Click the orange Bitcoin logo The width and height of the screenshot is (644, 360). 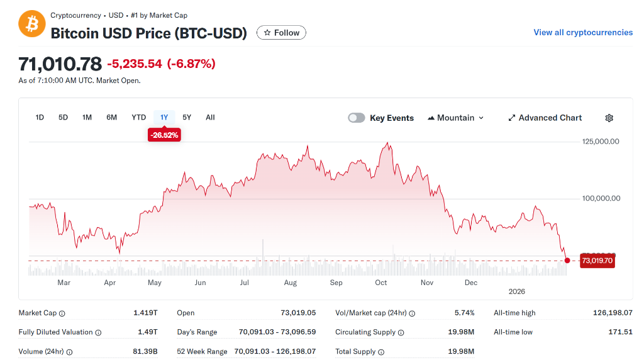pyautogui.click(x=31, y=23)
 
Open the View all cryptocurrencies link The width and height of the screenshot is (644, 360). pyautogui.click(x=583, y=32)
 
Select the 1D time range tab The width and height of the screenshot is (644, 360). pyautogui.click(x=40, y=117)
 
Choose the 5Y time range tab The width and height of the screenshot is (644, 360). pyautogui.click(x=187, y=117)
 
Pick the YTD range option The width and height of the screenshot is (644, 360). pyautogui.click(x=138, y=117)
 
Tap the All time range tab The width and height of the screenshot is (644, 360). pyautogui.click(x=210, y=117)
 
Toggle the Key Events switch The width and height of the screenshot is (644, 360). pyautogui.click(x=357, y=118)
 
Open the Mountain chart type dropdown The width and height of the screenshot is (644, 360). pyautogui.click(x=456, y=118)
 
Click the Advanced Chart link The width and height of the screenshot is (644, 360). pyautogui.click(x=545, y=118)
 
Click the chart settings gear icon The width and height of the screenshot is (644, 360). pyautogui.click(x=609, y=118)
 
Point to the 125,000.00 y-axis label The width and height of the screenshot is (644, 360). pyautogui.click(x=601, y=141)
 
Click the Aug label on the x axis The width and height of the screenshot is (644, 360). pyautogui.click(x=290, y=283)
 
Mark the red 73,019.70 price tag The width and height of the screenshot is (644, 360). pyautogui.click(x=597, y=261)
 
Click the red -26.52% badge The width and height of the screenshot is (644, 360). pyautogui.click(x=164, y=135)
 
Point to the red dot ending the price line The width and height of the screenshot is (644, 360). pyautogui.click(x=567, y=261)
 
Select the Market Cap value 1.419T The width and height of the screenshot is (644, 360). pyautogui.click(x=145, y=313)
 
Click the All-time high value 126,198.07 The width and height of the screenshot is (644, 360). pyautogui.click(x=613, y=313)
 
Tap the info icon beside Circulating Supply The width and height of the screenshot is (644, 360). pyautogui.click(x=401, y=332)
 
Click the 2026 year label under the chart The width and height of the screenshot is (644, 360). pyautogui.click(x=516, y=291)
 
